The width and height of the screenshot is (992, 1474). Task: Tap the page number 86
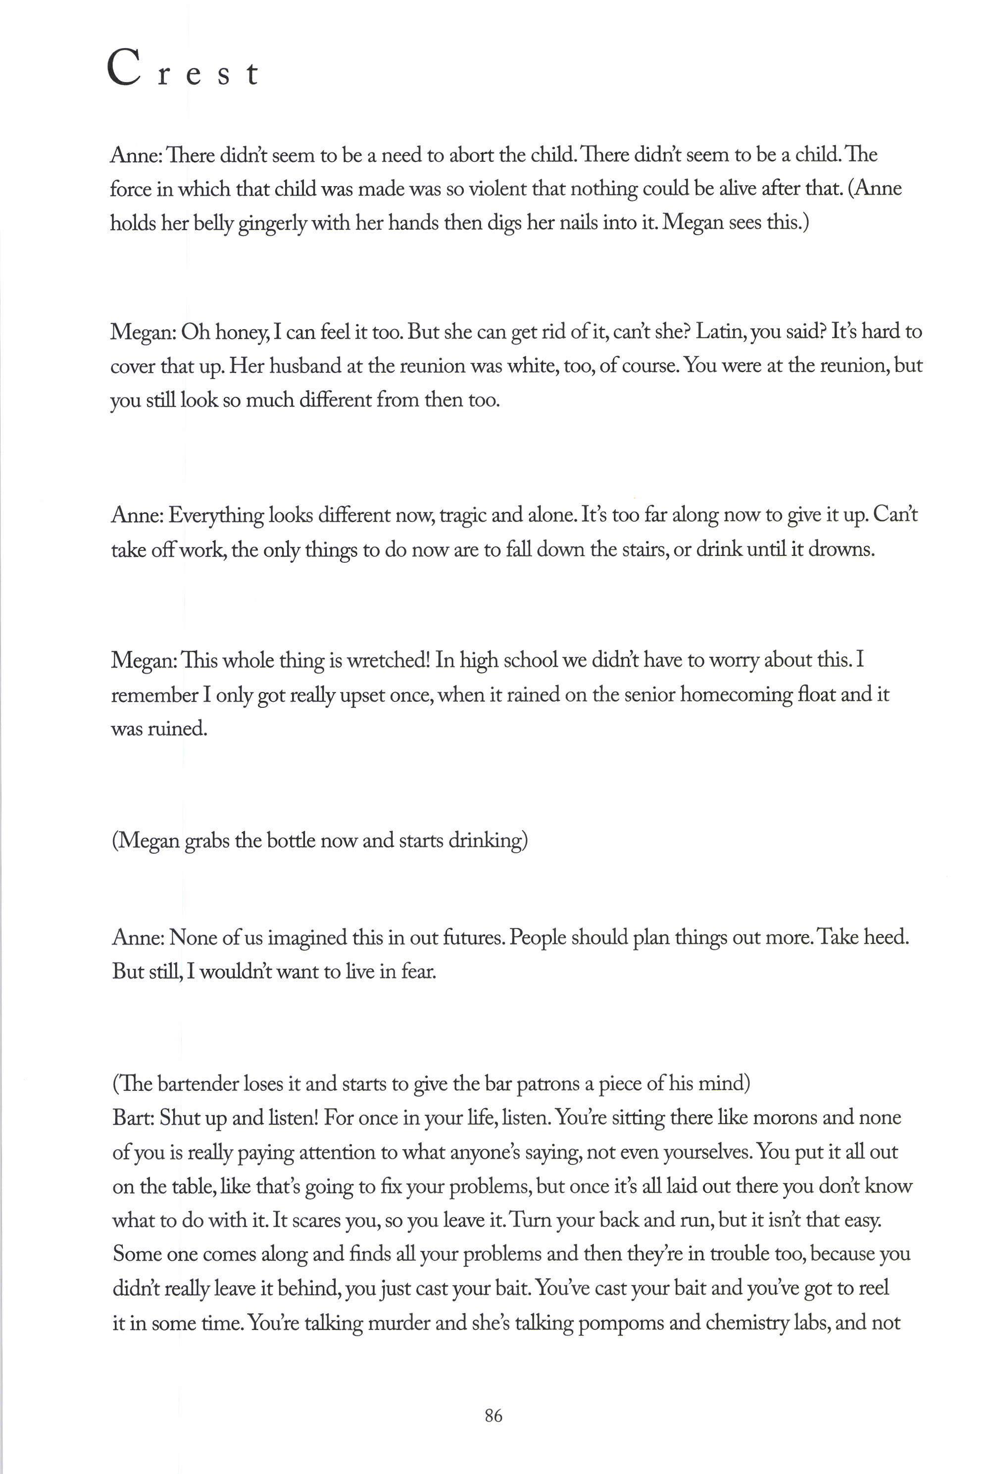(494, 1416)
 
